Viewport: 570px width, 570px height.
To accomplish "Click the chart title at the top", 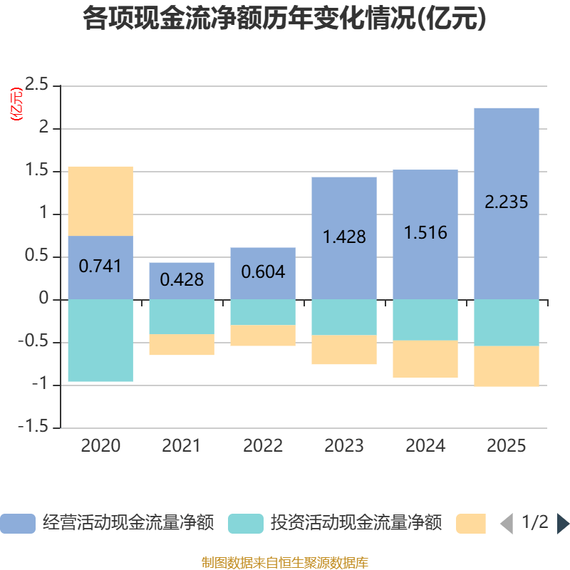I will [285, 19].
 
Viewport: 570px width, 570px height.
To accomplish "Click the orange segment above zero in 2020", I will [100, 201].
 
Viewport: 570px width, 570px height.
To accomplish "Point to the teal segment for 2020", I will [100, 341].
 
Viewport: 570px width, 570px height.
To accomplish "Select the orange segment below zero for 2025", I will [506, 366].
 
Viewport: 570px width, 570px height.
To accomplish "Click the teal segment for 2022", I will [263, 312].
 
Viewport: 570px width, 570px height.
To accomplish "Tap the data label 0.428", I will [182, 280].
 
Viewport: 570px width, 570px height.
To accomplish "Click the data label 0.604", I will [263, 272].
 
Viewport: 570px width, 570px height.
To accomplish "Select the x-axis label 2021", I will [182, 446].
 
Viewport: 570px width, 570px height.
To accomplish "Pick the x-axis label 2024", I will [425, 446].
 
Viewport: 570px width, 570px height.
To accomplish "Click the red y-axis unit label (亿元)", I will [16, 103].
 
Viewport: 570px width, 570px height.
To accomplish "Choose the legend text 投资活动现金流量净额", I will [356, 524].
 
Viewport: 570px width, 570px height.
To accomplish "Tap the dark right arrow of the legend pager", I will [562, 524].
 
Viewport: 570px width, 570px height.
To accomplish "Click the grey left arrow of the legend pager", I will [507, 524].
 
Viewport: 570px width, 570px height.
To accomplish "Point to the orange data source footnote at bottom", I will [285, 562].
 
